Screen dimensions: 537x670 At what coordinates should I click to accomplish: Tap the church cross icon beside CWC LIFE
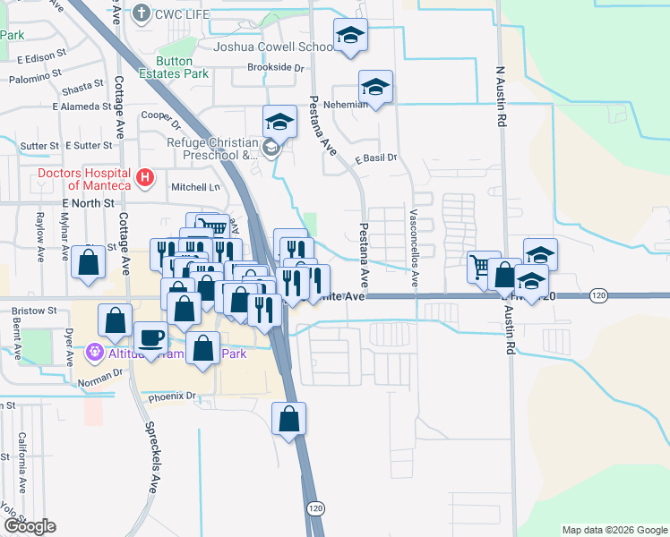tap(142, 13)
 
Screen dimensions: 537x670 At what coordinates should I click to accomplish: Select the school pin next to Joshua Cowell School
tap(349, 36)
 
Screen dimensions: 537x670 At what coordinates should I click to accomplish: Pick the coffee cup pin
tap(150, 337)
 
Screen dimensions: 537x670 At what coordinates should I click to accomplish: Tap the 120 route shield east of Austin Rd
tap(600, 295)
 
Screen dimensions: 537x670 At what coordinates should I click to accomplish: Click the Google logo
tap(29, 526)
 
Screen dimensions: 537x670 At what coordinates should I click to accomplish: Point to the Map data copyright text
tap(614, 530)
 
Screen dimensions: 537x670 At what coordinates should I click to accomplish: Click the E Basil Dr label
tap(375, 158)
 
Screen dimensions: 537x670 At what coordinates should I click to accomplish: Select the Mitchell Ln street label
tap(195, 187)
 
